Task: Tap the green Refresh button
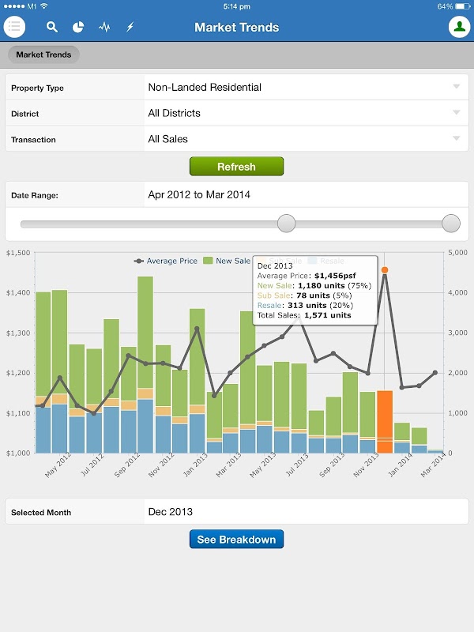236,167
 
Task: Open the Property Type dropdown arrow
456,87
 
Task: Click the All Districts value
175,113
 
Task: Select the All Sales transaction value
168,139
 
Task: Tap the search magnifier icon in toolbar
52,27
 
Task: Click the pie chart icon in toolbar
78,27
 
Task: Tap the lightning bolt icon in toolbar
130,27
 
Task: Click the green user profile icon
459,27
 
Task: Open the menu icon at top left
15,27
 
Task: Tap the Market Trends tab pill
43,55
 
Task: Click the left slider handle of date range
287,224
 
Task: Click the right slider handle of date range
451,224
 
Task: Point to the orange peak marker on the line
385,270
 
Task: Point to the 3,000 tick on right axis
458,333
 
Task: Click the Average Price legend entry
167,261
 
